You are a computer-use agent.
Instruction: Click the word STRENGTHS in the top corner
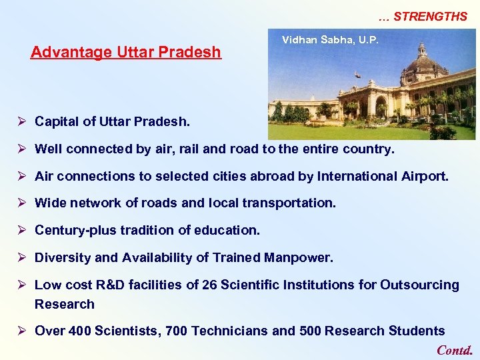[430, 17]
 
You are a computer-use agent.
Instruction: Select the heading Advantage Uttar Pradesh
[126, 52]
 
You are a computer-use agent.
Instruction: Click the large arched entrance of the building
[381, 107]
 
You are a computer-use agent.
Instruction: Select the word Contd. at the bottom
[455, 350]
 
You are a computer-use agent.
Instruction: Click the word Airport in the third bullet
[425, 177]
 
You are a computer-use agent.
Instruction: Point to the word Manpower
[299, 257]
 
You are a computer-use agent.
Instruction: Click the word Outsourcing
[419, 285]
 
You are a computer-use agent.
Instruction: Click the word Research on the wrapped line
[65, 304]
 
